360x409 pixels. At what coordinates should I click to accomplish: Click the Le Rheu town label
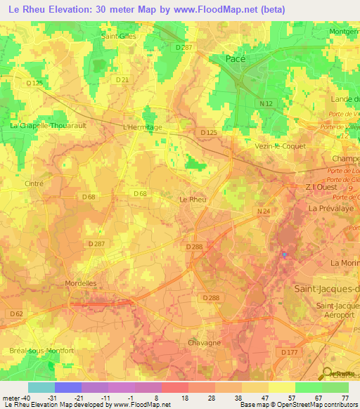193,200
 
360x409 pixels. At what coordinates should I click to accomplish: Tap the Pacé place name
235,60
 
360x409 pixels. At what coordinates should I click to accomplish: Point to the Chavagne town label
205,342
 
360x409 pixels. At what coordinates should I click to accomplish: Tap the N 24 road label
263,211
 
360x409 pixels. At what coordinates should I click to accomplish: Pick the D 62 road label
16,313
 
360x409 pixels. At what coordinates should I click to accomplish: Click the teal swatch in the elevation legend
41,387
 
